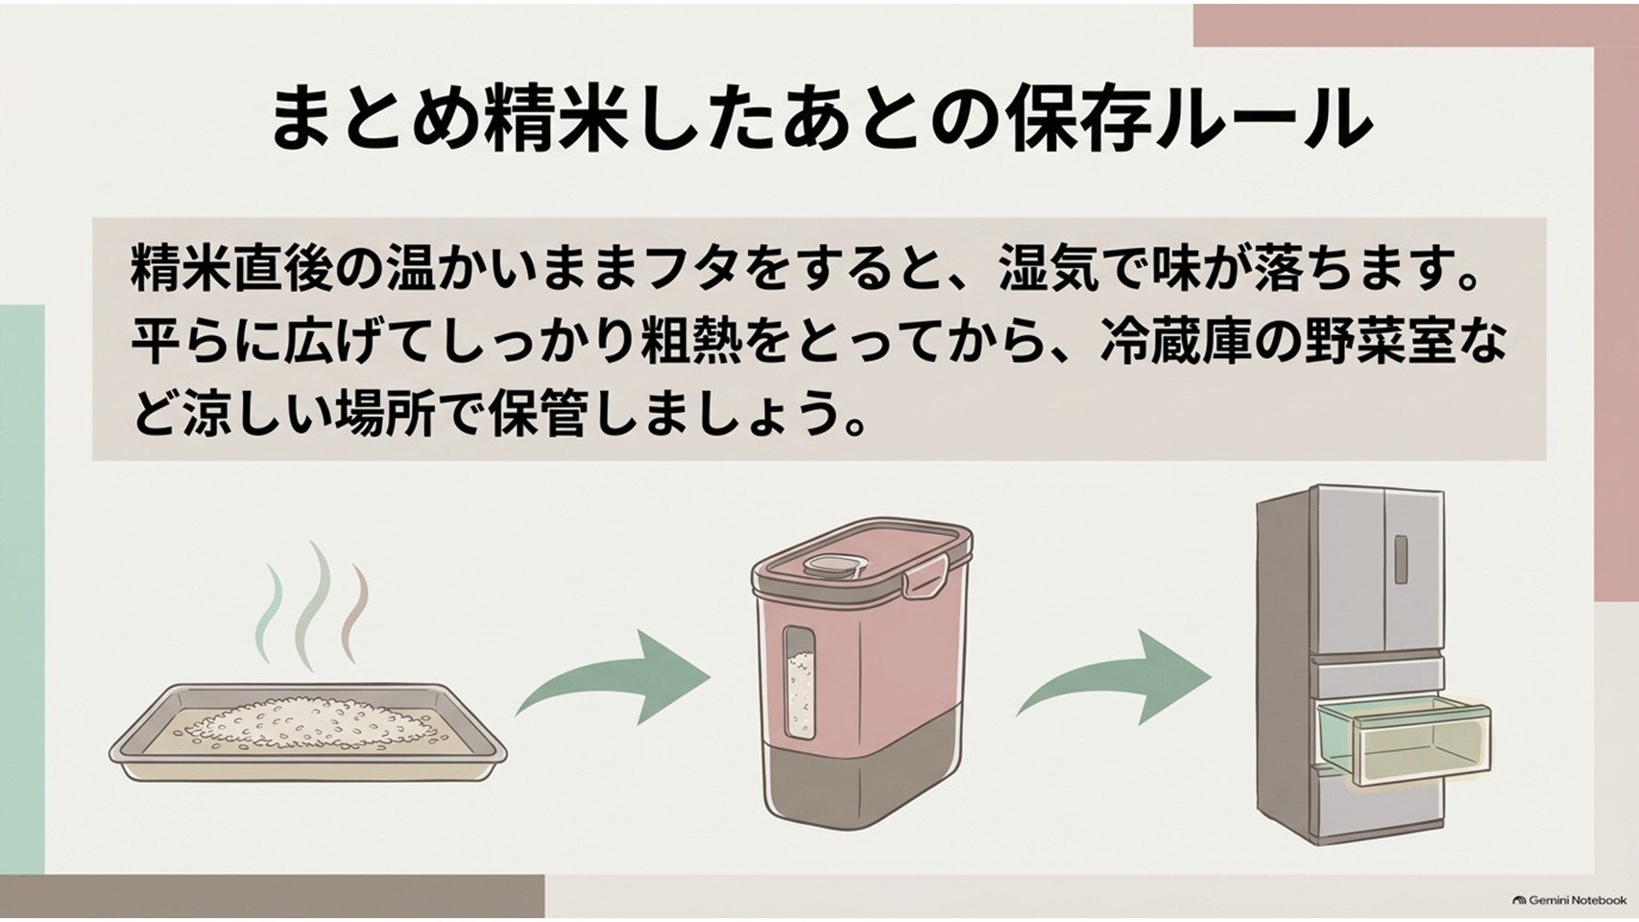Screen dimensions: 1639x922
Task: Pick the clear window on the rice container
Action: [x=799, y=681]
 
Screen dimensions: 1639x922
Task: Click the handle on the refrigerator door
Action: [x=1401, y=559]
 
